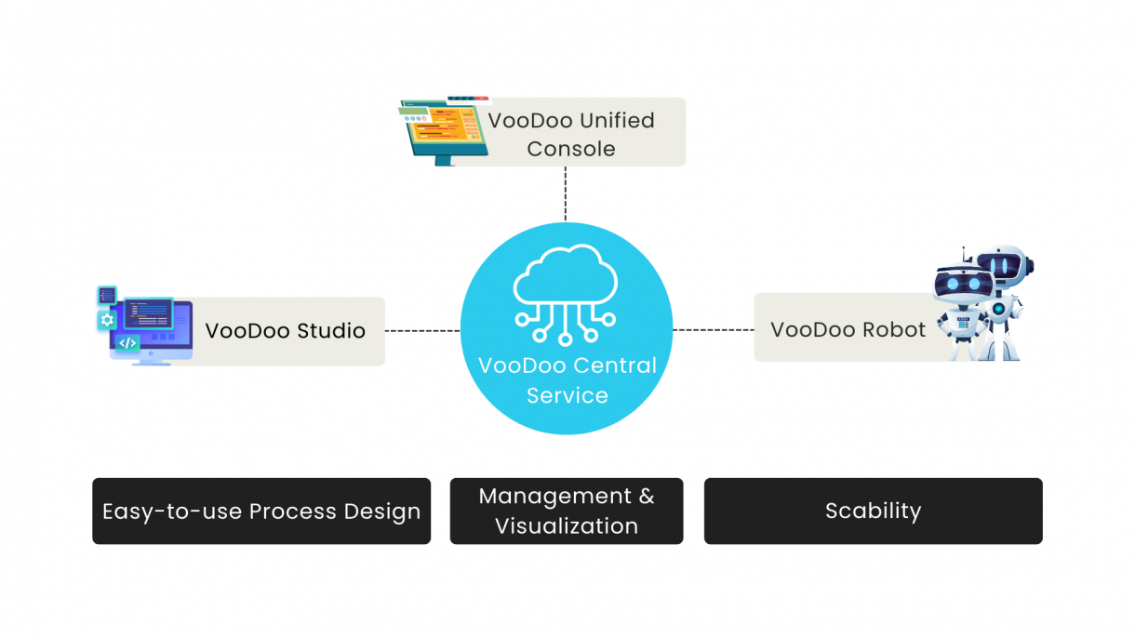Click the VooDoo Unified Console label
pyautogui.click(x=571, y=133)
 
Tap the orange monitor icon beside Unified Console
pyautogui.click(x=442, y=130)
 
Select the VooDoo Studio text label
pyautogui.click(x=285, y=331)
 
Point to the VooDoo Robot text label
pyautogui.click(x=848, y=330)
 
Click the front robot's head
pyautogui.click(x=960, y=283)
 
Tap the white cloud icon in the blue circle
pyautogui.click(x=567, y=280)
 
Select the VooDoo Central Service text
pyautogui.click(x=567, y=379)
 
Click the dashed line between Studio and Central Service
pyautogui.click(x=422, y=330)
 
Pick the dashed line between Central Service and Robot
pyautogui.click(x=713, y=329)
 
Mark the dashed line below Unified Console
pyautogui.click(x=566, y=193)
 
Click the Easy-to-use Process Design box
pyautogui.click(x=261, y=511)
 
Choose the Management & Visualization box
pyautogui.click(x=567, y=511)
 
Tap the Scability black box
pyautogui.click(x=873, y=511)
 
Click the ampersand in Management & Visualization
pyautogui.click(x=647, y=497)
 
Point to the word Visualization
pyautogui.click(x=567, y=526)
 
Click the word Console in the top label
pyautogui.click(x=571, y=149)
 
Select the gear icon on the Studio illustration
pyautogui.click(x=107, y=320)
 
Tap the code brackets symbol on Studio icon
pyautogui.click(x=128, y=343)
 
